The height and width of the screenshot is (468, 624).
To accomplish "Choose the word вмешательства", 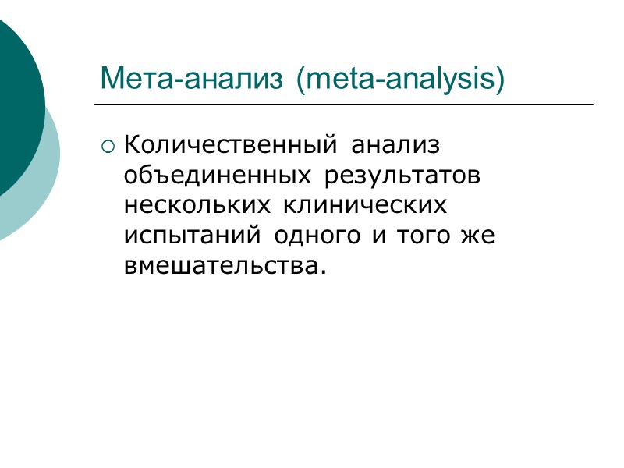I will tap(220, 267).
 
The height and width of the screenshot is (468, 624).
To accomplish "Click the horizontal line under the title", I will tap(343, 105).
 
